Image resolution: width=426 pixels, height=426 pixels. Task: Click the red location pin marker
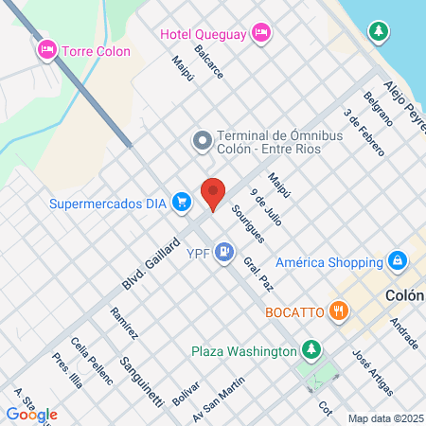pyautogui.click(x=213, y=193)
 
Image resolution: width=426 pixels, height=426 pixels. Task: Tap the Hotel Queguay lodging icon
pyautogui.click(x=262, y=35)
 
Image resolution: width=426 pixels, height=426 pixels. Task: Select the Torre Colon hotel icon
pyautogui.click(x=45, y=48)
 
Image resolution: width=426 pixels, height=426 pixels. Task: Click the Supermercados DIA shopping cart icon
pyautogui.click(x=184, y=202)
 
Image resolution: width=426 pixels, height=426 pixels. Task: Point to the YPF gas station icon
pyautogui.click(x=223, y=252)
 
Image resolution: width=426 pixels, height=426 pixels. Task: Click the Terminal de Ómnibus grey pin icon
pyautogui.click(x=201, y=142)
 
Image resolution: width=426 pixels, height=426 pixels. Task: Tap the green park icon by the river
pyautogui.click(x=379, y=31)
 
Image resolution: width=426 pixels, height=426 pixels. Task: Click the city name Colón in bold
pyautogui.click(x=405, y=295)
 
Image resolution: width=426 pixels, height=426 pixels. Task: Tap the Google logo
pyautogui.click(x=31, y=414)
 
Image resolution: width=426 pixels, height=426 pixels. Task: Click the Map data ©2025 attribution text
pyautogui.click(x=384, y=418)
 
